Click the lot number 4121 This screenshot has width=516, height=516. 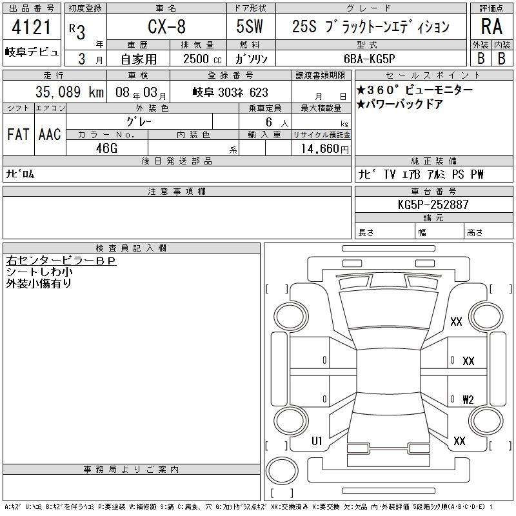pyautogui.click(x=31, y=27)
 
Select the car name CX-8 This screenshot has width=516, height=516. pyautogui.click(x=166, y=26)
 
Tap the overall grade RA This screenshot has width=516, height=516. pyautogui.click(x=491, y=26)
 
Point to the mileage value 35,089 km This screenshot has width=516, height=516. pyautogui.click(x=70, y=92)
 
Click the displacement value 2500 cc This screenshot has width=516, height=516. pyautogui.click(x=202, y=59)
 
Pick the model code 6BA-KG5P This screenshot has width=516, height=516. pyautogui.click(x=369, y=59)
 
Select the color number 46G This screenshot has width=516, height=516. pyautogui.click(x=106, y=148)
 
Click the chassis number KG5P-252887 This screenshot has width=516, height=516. pyautogui.click(x=433, y=204)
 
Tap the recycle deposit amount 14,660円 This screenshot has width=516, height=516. pyautogui.click(x=325, y=149)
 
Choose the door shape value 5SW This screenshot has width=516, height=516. pyautogui.click(x=250, y=26)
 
